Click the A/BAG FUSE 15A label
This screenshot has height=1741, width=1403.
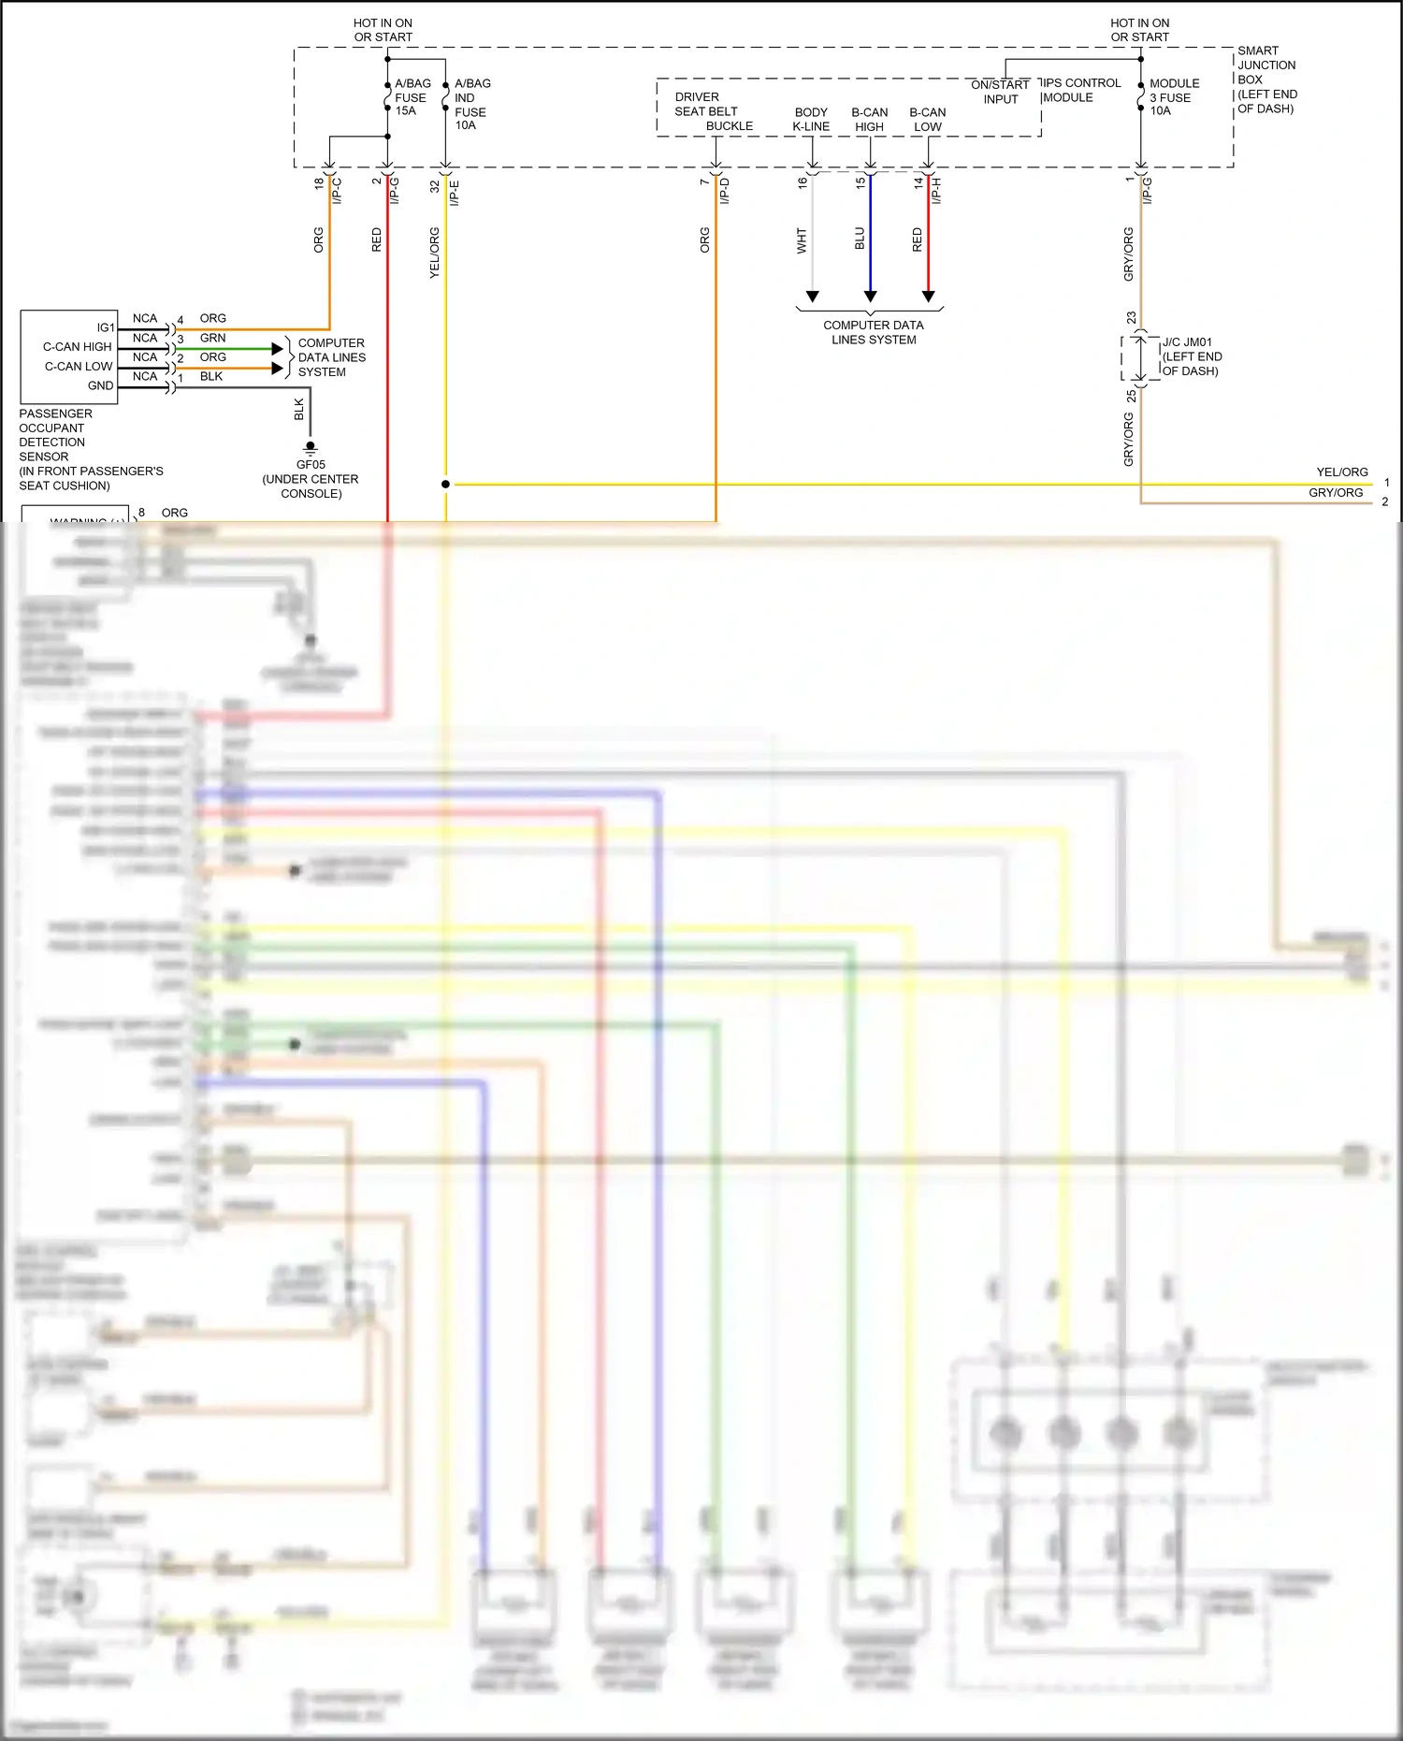coord(412,97)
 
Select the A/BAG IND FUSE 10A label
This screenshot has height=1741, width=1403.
coord(471,104)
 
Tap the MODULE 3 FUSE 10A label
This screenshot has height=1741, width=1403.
coord(1174,97)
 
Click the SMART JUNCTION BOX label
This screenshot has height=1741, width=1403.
coord(1266,80)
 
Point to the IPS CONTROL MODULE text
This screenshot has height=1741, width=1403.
coord(1081,90)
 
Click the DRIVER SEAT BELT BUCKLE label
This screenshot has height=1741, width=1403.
coord(713,111)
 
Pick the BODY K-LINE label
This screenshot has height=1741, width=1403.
coord(811,119)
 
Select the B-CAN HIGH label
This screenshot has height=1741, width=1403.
coord(869,119)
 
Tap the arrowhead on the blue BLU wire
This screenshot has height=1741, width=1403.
coord(870,296)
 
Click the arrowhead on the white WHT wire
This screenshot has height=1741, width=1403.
coord(812,296)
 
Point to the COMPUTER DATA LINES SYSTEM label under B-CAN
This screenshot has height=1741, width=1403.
coord(873,332)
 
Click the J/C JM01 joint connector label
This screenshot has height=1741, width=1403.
coord(1191,356)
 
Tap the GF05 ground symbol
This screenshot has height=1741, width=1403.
coord(311,448)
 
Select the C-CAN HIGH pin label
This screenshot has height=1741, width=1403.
coord(77,347)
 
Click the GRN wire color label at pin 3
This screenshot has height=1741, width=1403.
coord(212,338)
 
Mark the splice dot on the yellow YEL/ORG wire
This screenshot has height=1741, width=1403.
coord(445,484)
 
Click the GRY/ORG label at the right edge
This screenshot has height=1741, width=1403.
coord(1335,493)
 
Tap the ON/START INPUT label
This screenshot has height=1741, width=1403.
coord(1000,92)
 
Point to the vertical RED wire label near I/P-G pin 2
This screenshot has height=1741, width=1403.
coord(377,239)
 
